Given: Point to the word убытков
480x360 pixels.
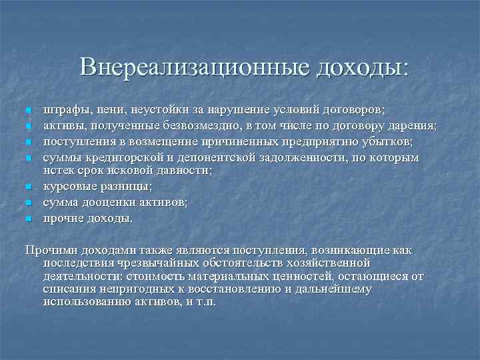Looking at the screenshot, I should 392,141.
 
